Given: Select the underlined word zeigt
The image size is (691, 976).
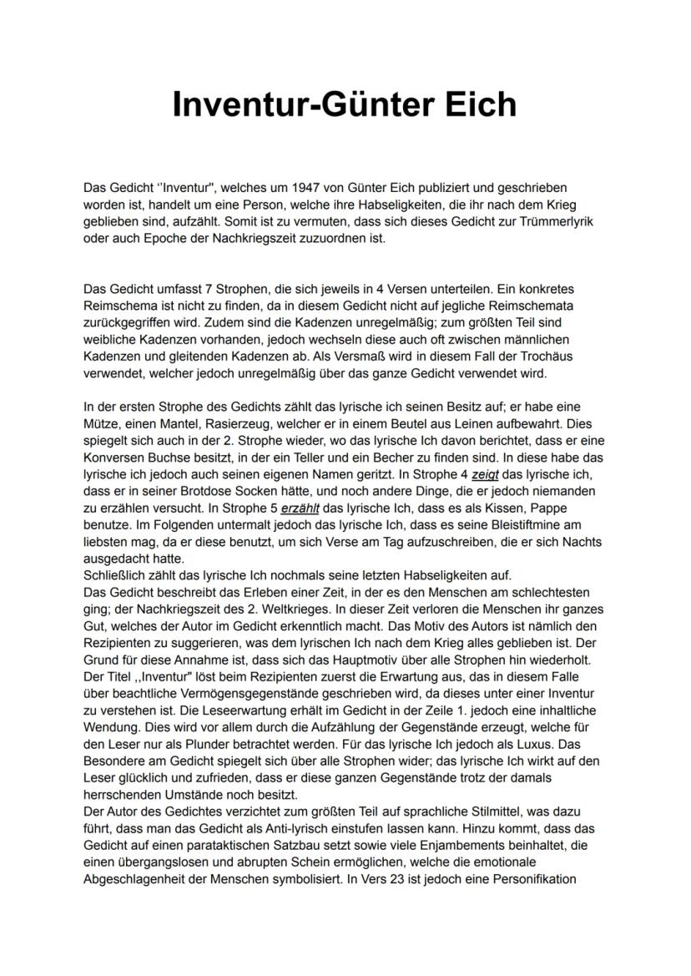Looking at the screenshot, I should click(x=485, y=474).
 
